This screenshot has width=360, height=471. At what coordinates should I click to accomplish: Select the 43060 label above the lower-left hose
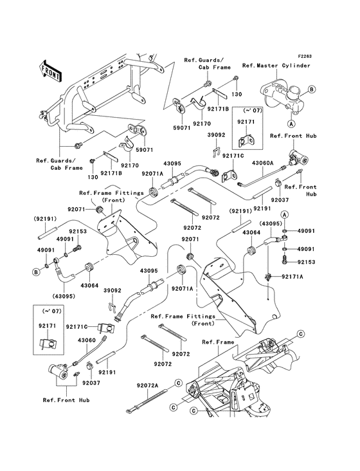(x=87, y=339)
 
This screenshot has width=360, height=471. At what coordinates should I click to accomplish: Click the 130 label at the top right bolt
(x=237, y=93)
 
